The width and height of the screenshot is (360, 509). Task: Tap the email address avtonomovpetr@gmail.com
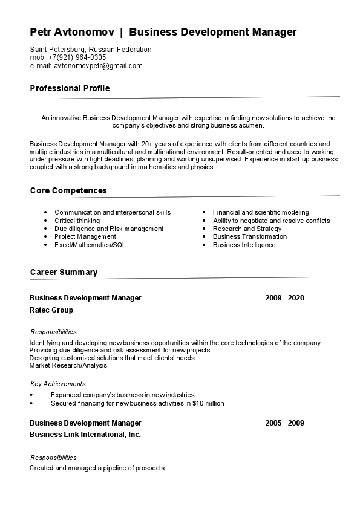[98, 66]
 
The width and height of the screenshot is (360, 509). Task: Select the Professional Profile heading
[70, 89]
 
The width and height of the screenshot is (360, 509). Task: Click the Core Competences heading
[68, 191]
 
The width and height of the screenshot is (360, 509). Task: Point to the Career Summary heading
[64, 273]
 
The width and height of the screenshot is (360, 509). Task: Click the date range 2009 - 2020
[284, 298]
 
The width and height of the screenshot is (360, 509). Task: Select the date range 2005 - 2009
[284, 423]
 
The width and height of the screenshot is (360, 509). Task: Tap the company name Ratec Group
[51, 310]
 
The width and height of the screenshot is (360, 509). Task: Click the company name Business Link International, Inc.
[85, 435]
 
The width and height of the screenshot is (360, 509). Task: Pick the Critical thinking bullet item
[77, 221]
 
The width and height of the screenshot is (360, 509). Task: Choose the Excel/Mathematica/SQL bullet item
[90, 245]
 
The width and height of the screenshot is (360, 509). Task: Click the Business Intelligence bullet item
[244, 245]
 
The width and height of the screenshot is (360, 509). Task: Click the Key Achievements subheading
[58, 384]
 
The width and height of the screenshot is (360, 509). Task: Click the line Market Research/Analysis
[68, 365]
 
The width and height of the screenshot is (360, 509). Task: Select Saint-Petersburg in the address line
[58, 50]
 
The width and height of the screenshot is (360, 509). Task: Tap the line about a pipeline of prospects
[97, 468]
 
